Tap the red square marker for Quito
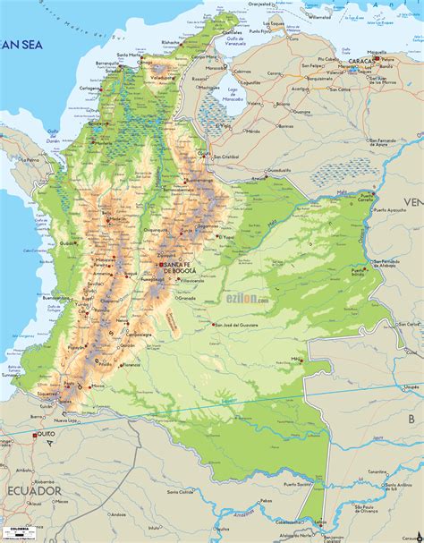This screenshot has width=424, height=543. (35, 436)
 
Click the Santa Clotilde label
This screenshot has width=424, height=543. (182, 492)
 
